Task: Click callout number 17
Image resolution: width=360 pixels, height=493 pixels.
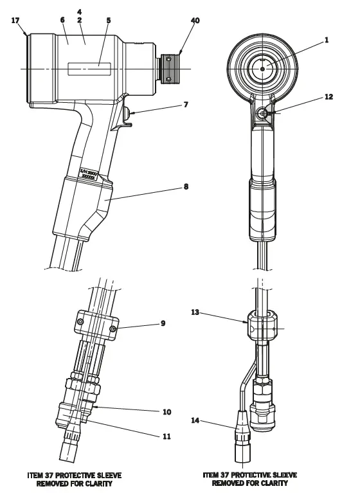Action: click(x=15, y=21)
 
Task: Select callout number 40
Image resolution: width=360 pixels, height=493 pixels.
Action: click(x=195, y=21)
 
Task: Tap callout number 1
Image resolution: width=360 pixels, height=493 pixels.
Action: click(x=326, y=40)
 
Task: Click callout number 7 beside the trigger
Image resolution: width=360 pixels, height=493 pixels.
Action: click(x=186, y=103)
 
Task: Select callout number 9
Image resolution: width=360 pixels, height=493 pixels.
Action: click(x=163, y=323)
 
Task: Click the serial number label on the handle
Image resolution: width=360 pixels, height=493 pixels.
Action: click(x=92, y=174)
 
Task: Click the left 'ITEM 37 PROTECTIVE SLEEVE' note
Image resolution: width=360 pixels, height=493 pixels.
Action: click(x=75, y=479)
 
